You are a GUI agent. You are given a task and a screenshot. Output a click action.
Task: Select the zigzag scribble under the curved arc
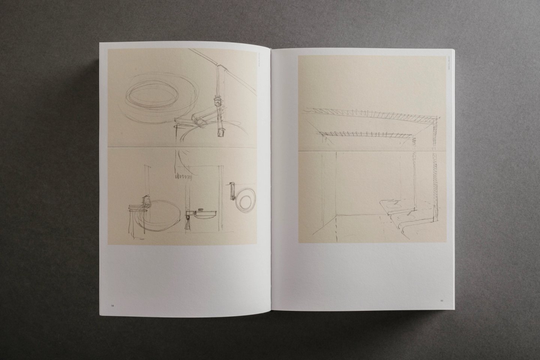coord(183,175)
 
